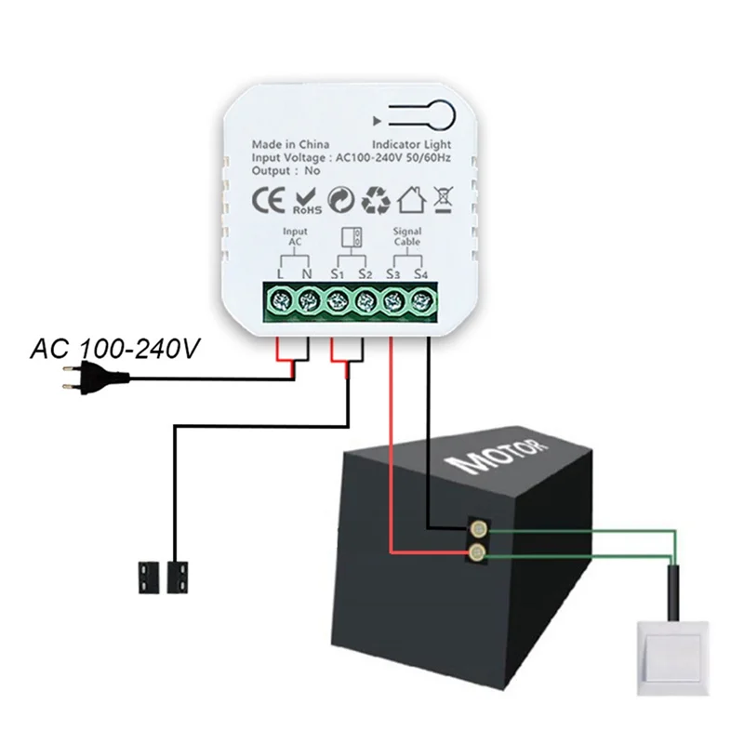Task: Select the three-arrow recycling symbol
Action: (376, 199)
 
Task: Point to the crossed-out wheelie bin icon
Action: (444, 199)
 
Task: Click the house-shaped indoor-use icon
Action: (410, 199)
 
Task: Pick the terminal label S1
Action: (337, 274)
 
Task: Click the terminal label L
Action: (280, 274)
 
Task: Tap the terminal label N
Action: (307, 274)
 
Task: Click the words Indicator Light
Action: (411, 145)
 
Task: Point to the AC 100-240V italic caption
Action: (115, 350)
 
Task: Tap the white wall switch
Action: (675, 655)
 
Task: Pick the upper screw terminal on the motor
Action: (477, 531)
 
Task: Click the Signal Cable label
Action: (406, 236)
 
